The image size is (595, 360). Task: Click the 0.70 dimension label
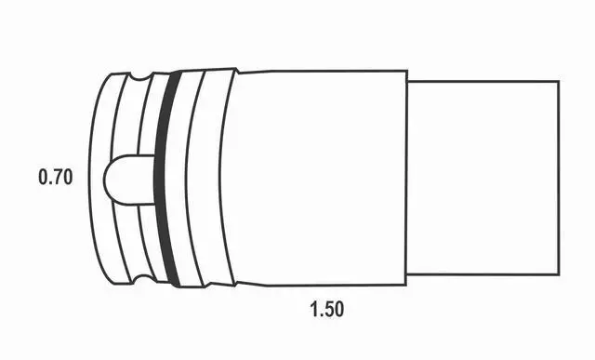tap(56, 178)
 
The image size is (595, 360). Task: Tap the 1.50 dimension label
tap(327, 309)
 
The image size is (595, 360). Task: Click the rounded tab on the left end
tap(129, 180)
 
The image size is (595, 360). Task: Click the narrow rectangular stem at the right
tap(483, 178)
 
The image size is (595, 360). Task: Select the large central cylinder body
tap(319, 178)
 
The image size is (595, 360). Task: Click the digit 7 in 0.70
tap(56, 178)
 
